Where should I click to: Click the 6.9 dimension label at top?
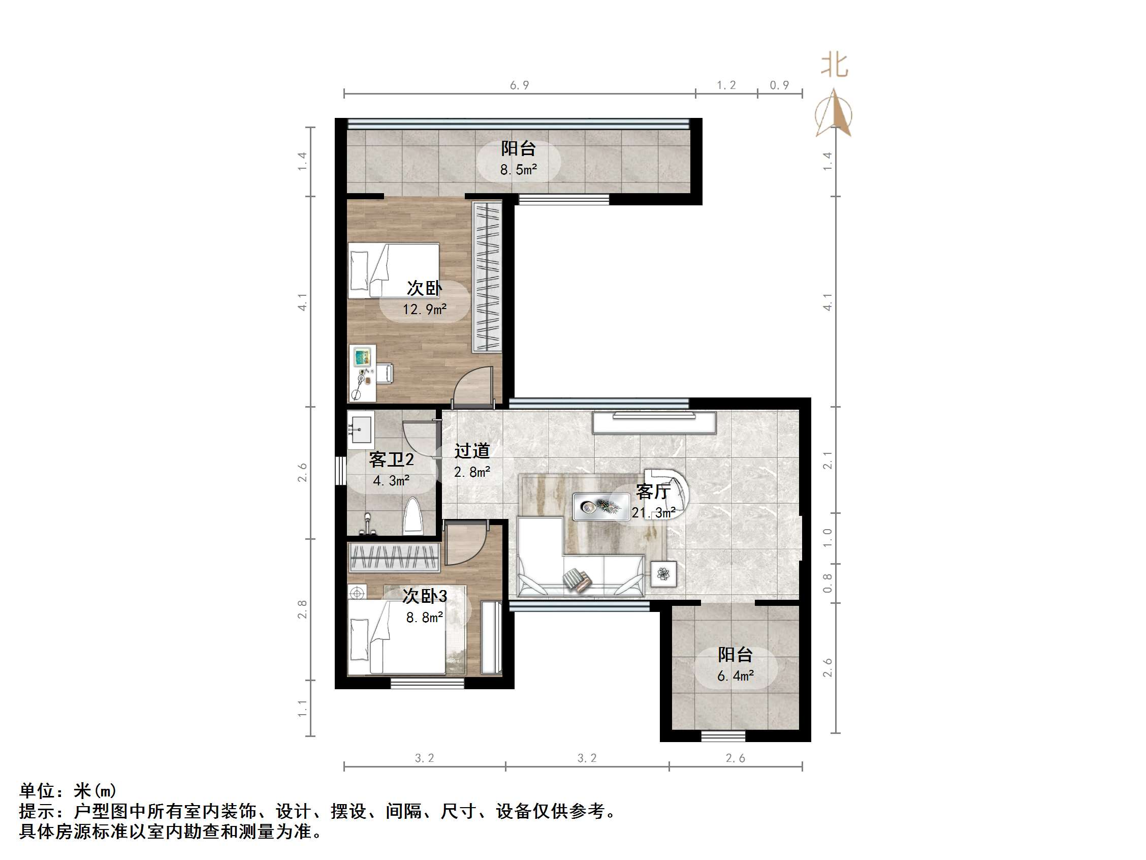point(519,85)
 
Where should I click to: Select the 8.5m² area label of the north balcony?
point(518,170)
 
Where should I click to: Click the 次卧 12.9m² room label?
point(424,297)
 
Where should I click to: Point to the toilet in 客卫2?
point(413,516)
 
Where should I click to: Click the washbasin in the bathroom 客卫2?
point(361,429)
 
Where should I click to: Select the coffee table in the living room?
point(600,506)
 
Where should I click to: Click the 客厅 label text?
point(653,492)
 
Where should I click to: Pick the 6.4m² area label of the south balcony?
point(735,676)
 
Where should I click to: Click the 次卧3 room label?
point(424,596)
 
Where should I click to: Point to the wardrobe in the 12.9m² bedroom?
point(487,278)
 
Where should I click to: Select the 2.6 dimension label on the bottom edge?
point(735,758)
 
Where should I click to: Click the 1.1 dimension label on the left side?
point(303,709)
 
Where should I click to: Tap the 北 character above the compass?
point(834,66)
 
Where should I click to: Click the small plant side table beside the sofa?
point(663,574)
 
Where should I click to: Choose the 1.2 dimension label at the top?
point(726,85)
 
